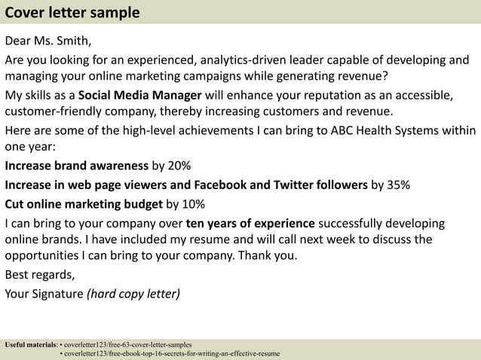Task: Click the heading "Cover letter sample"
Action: (x=72, y=12)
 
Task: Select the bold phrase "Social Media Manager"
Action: (x=139, y=96)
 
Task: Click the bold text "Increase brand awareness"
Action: (x=77, y=166)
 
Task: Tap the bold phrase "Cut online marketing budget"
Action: (x=84, y=203)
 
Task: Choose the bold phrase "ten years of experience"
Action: (x=250, y=223)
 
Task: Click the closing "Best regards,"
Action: (x=39, y=275)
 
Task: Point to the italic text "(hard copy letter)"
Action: (x=133, y=293)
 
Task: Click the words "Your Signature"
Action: (x=44, y=293)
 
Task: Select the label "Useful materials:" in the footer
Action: (x=30, y=344)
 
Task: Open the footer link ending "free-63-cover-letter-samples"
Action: (x=128, y=344)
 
